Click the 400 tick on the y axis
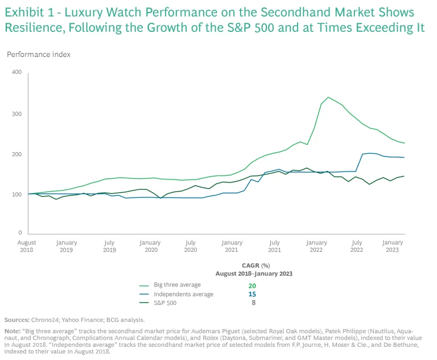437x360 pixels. [16, 72]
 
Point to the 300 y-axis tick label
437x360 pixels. [16, 114]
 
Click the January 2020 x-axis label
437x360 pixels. [150, 246]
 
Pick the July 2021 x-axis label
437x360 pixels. [274, 246]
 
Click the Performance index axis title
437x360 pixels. [38, 54]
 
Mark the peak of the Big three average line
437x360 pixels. [328, 97]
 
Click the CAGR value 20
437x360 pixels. [252, 285]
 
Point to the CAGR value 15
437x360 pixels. [252, 294]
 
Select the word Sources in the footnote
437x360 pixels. [17, 320]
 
